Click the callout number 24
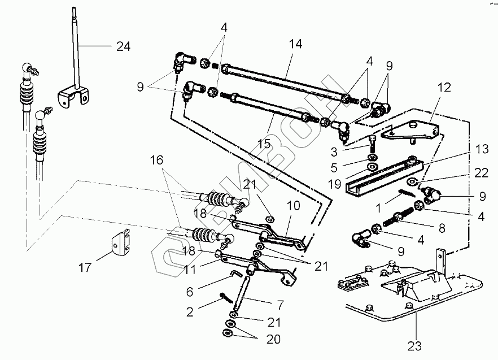[x=123, y=47]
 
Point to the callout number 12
[x=444, y=88]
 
